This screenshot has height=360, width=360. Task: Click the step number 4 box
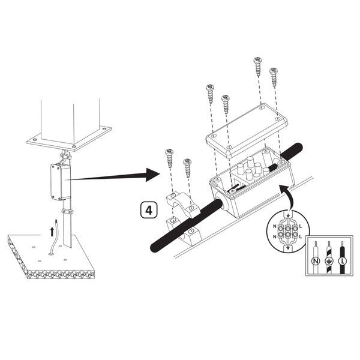pos(149,210)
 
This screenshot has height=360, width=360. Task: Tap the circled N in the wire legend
pos(316,261)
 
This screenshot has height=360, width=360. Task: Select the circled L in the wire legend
pos(343,261)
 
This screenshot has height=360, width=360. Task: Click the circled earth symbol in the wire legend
pos(329,261)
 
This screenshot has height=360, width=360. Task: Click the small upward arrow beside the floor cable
pos(52,231)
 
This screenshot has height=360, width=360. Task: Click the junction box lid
pos(246,130)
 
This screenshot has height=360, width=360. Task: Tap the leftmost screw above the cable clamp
pos(169,158)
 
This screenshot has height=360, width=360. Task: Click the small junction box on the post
pos(60,181)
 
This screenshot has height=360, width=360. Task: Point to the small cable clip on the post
pos(67,211)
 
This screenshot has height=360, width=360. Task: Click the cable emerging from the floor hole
pos(54,239)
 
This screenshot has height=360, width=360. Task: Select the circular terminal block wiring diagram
pos(288,231)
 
